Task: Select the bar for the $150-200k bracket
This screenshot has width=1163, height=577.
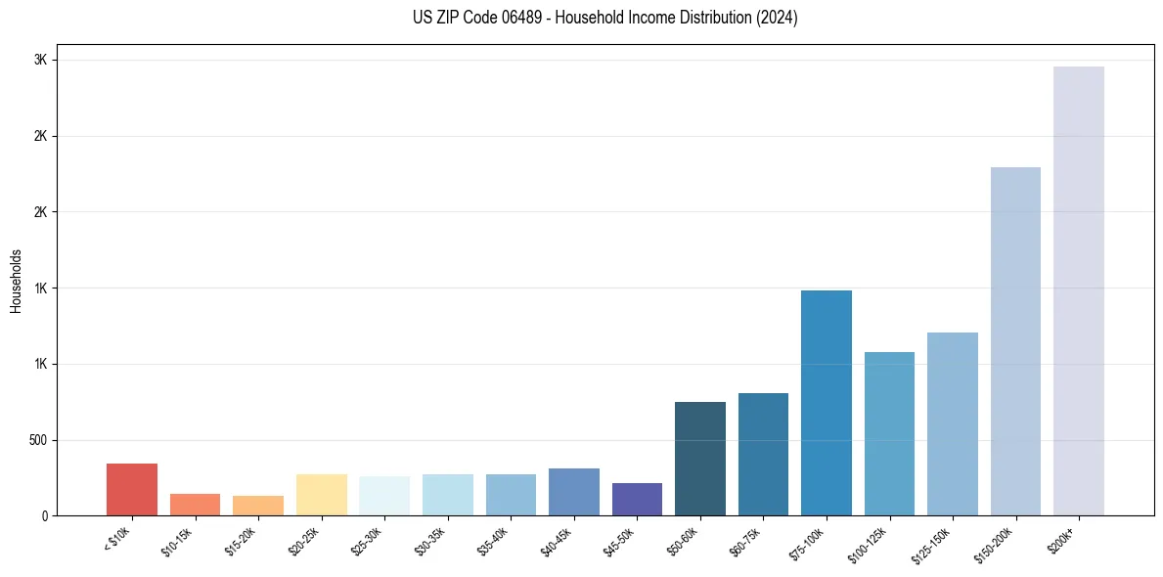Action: [x=1015, y=341]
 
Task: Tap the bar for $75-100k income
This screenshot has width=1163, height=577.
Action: [x=826, y=403]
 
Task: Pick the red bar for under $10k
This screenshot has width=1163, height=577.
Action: [x=132, y=489]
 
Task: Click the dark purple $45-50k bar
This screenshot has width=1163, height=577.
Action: [x=637, y=499]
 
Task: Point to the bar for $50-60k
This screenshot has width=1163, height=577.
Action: [x=700, y=459]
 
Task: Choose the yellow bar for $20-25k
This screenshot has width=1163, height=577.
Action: [x=321, y=495]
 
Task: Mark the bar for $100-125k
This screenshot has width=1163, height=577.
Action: [x=889, y=433]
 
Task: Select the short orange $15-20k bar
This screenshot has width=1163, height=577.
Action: [x=258, y=506]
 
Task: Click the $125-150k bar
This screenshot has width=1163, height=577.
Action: [x=952, y=423]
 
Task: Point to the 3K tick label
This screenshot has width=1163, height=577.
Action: [x=41, y=60]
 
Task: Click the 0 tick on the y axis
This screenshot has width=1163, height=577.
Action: [x=45, y=515]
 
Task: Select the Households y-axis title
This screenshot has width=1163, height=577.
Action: [x=16, y=281]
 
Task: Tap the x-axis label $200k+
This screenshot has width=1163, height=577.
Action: [x=1063, y=538]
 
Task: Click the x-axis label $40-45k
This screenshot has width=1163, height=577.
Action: [x=557, y=541]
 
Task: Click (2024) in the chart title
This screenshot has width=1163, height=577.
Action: [x=778, y=18]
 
